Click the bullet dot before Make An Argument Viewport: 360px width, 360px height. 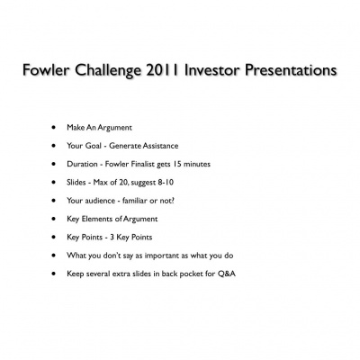57,130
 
